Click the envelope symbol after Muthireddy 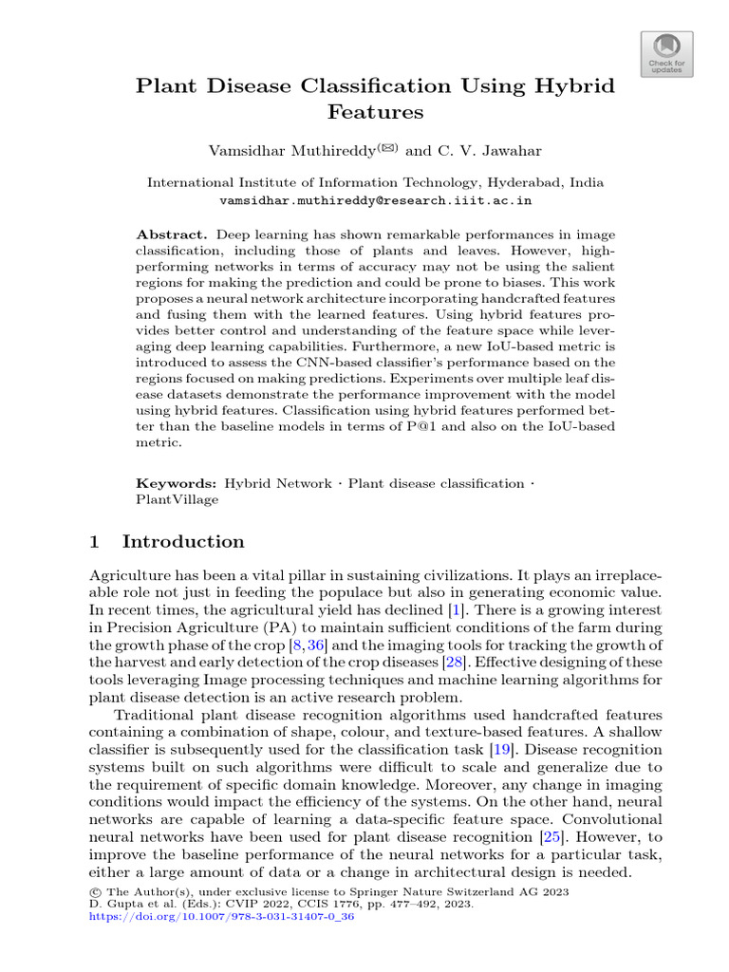[x=389, y=147]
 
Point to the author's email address [x=375, y=201]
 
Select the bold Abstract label [x=172, y=234]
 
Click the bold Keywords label [x=177, y=483]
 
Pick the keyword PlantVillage [x=178, y=498]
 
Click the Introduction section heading [x=183, y=542]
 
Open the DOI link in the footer [x=220, y=918]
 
